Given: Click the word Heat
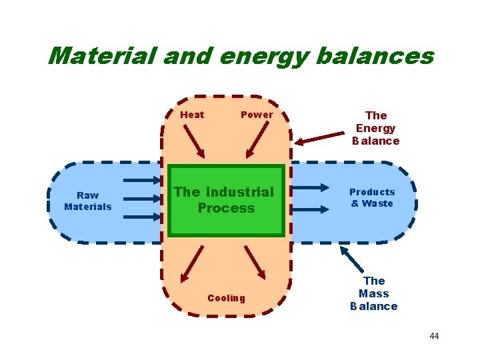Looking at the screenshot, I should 192,115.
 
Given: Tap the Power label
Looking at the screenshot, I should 257,115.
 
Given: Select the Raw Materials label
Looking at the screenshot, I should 88,201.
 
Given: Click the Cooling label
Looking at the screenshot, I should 226,298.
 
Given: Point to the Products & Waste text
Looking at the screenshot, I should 372,198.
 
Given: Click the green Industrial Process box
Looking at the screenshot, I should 225,201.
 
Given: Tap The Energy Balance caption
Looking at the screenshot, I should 375,128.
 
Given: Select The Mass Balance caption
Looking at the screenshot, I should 374,293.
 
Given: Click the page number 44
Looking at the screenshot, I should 434,336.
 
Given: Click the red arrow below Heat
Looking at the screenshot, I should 194,141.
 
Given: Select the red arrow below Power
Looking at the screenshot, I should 257,141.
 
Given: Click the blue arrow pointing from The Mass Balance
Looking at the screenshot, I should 353,259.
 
